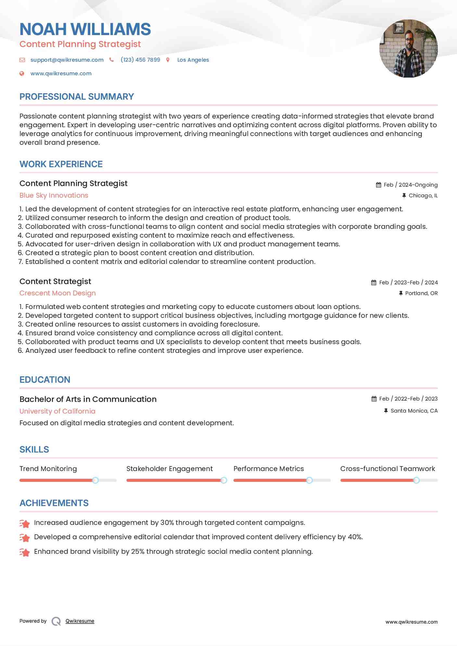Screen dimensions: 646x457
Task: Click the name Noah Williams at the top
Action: (85, 29)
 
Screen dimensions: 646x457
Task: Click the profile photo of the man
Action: (408, 49)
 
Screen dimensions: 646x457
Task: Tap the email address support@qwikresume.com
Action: (67, 60)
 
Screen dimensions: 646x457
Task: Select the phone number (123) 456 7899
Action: (140, 60)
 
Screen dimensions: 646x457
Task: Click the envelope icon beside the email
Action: (22, 60)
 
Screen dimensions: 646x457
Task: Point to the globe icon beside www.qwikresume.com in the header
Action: (22, 73)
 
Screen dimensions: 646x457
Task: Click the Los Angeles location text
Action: (193, 60)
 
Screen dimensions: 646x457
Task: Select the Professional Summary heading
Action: (77, 97)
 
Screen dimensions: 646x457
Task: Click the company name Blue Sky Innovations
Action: (54, 195)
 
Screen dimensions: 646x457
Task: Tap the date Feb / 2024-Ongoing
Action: (411, 185)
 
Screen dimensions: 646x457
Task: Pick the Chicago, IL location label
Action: (423, 195)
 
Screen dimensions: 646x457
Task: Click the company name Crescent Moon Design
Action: (57, 293)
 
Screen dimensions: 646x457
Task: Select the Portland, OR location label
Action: (421, 293)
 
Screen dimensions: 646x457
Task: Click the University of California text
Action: (57, 411)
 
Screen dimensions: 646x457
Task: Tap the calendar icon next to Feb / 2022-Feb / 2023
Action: (374, 399)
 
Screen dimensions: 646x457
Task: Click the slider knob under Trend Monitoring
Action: (95, 480)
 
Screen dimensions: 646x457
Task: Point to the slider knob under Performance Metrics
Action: (309, 480)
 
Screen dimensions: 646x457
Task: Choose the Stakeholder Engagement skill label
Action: (170, 469)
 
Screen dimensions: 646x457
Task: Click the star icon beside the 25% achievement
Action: (25, 552)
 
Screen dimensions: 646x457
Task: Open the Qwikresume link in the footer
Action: (80, 621)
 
